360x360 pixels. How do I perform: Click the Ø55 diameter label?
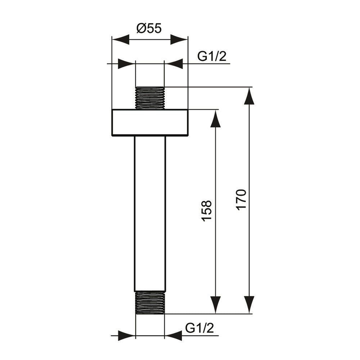149,28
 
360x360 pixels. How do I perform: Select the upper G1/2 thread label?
212,57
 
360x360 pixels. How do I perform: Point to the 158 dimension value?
206,211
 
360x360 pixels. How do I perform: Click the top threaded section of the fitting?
150,98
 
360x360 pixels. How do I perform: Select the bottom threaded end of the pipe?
150,302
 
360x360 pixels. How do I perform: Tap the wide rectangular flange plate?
150,123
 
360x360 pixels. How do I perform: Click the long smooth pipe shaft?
150,214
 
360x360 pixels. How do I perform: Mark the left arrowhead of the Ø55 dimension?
120,40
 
